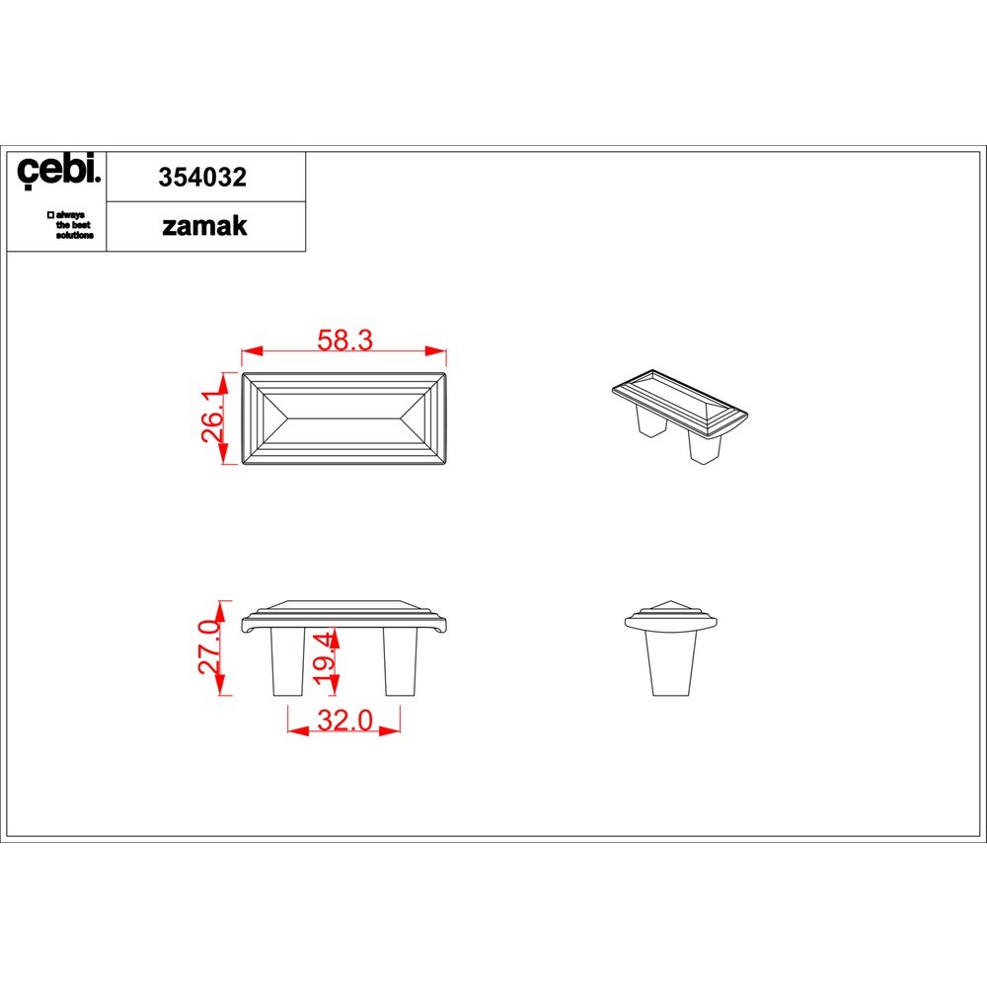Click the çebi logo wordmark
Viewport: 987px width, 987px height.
(58, 170)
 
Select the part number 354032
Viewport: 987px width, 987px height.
(202, 178)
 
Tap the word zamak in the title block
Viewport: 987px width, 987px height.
(204, 227)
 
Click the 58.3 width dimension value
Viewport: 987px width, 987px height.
(344, 341)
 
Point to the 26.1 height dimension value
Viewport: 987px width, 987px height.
(213, 416)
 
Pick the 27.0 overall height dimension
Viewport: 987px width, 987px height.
(210, 647)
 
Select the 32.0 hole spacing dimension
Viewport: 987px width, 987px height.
(344, 721)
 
